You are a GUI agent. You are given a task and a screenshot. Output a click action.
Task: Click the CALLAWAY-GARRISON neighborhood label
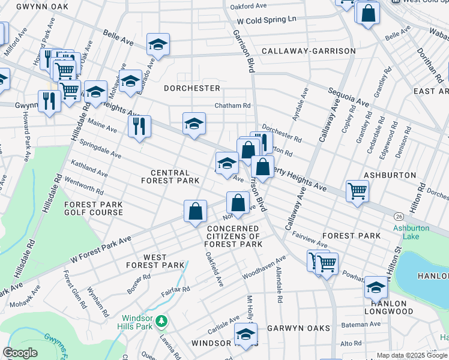pyautogui.click(x=309, y=51)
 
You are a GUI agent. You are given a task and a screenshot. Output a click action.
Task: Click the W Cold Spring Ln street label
pyautogui.click(x=267, y=19)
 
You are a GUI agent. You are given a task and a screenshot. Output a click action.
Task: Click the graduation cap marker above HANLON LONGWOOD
pyautogui.click(x=376, y=288)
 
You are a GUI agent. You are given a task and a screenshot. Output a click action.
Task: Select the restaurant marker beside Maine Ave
pyautogui.click(x=139, y=127)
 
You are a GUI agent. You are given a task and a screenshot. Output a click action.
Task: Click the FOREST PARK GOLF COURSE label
pyautogui.click(x=94, y=208)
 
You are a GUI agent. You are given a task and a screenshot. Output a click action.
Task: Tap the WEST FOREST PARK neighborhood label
pyautogui.click(x=155, y=261)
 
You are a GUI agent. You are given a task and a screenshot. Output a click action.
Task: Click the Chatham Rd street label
pyautogui.click(x=233, y=106)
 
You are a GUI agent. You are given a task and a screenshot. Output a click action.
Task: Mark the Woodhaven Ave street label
pyautogui.click(x=264, y=267)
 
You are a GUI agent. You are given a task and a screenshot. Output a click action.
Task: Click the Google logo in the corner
pyautogui.click(x=20, y=353)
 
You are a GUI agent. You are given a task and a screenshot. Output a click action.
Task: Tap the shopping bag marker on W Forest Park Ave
pyautogui.click(x=195, y=212)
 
